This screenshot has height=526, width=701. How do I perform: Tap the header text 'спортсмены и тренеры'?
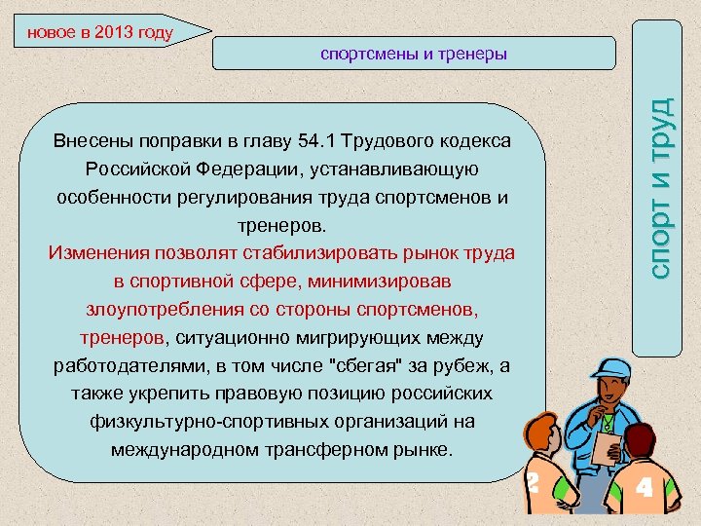414,54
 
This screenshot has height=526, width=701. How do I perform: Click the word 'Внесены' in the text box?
92,141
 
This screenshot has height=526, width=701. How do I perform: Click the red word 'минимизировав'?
371,282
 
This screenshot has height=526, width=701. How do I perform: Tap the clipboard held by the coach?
609,445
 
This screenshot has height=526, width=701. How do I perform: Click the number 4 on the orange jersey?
643,486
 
